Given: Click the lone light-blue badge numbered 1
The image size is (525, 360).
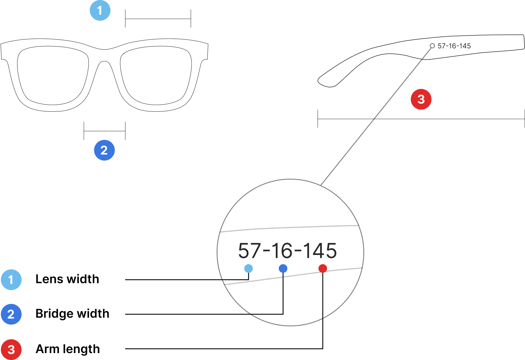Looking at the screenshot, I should coord(100,10).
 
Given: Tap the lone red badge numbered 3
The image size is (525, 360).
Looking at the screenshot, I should coord(421,99).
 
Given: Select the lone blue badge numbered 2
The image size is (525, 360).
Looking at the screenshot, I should coord(104,150).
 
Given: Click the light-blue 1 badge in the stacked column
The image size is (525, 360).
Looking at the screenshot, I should coord(11,280).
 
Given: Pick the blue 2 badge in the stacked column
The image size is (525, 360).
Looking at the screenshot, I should coord(11,314).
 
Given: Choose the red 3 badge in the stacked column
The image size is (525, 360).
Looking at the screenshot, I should coord(11,350).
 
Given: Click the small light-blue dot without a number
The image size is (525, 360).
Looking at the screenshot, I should coord(249,268).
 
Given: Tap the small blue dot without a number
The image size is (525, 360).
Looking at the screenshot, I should coord(283,268).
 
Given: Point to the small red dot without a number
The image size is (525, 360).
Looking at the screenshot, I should coord(323,268).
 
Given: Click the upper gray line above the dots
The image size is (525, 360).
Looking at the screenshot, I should coord(289,228).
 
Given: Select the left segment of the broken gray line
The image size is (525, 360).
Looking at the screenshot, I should coord(253,281).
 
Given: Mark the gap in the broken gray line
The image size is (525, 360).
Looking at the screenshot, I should coord(283,277).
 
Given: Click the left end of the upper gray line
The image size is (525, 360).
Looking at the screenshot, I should coord(220,232).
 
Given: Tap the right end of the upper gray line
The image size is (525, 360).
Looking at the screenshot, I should coord(359,226).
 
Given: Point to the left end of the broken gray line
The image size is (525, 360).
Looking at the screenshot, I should coord(225,285).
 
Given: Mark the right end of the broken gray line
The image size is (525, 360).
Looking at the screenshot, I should coord(362,268).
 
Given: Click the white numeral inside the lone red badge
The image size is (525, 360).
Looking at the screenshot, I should coord(421,99).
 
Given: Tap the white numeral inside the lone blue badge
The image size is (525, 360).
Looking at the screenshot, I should coord(104,150).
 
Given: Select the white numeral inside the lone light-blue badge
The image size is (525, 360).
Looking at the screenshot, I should coord(100,11).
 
